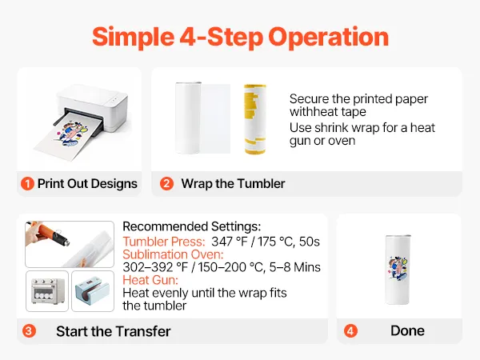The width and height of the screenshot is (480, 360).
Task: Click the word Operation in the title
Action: point(329,37)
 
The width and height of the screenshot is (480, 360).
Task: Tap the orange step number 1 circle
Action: point(27,184)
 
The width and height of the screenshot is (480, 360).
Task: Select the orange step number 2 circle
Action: point(166,184)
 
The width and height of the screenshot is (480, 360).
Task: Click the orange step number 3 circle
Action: point(29,331)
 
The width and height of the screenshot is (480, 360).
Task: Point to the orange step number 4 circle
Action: point(350,331)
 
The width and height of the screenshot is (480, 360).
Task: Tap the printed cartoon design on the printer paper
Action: point(70,134)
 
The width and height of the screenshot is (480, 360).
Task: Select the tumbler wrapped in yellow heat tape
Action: point(255,119)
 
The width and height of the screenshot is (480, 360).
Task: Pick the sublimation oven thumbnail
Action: point(47,291)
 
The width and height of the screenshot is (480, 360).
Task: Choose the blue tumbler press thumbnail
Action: point(93,291)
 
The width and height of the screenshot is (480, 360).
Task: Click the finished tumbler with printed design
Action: point(398,270)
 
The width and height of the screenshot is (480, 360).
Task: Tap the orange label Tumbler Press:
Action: point(164,242)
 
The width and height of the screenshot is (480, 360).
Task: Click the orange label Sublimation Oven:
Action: point(173,254)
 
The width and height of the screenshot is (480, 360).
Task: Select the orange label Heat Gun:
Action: point(150,280)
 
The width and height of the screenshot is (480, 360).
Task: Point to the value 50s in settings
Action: point(309,242)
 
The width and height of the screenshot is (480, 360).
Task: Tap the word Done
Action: point(407,331)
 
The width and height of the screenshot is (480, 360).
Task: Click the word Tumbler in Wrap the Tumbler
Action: point(261,184)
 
